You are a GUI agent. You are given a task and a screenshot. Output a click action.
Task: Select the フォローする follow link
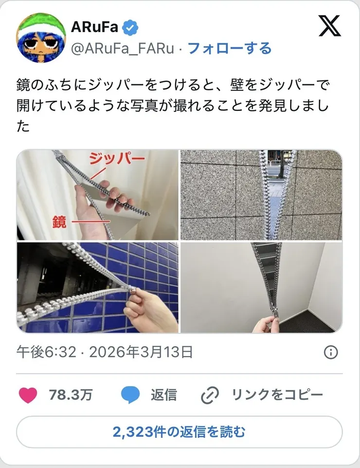click(229, 48)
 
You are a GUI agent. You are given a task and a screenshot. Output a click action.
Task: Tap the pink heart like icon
click(28, 395)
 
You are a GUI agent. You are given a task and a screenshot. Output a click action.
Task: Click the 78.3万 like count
click(71, 395)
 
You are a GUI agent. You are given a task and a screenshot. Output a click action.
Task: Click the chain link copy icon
click(210, 396)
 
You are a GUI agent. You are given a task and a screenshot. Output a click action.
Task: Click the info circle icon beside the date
click(331, 352)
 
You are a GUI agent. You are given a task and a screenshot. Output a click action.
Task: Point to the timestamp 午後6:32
click(46, 352)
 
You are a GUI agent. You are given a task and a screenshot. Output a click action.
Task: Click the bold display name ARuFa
click(94, 27)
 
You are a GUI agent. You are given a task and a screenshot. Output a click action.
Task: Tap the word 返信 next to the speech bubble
click(163, 395)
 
